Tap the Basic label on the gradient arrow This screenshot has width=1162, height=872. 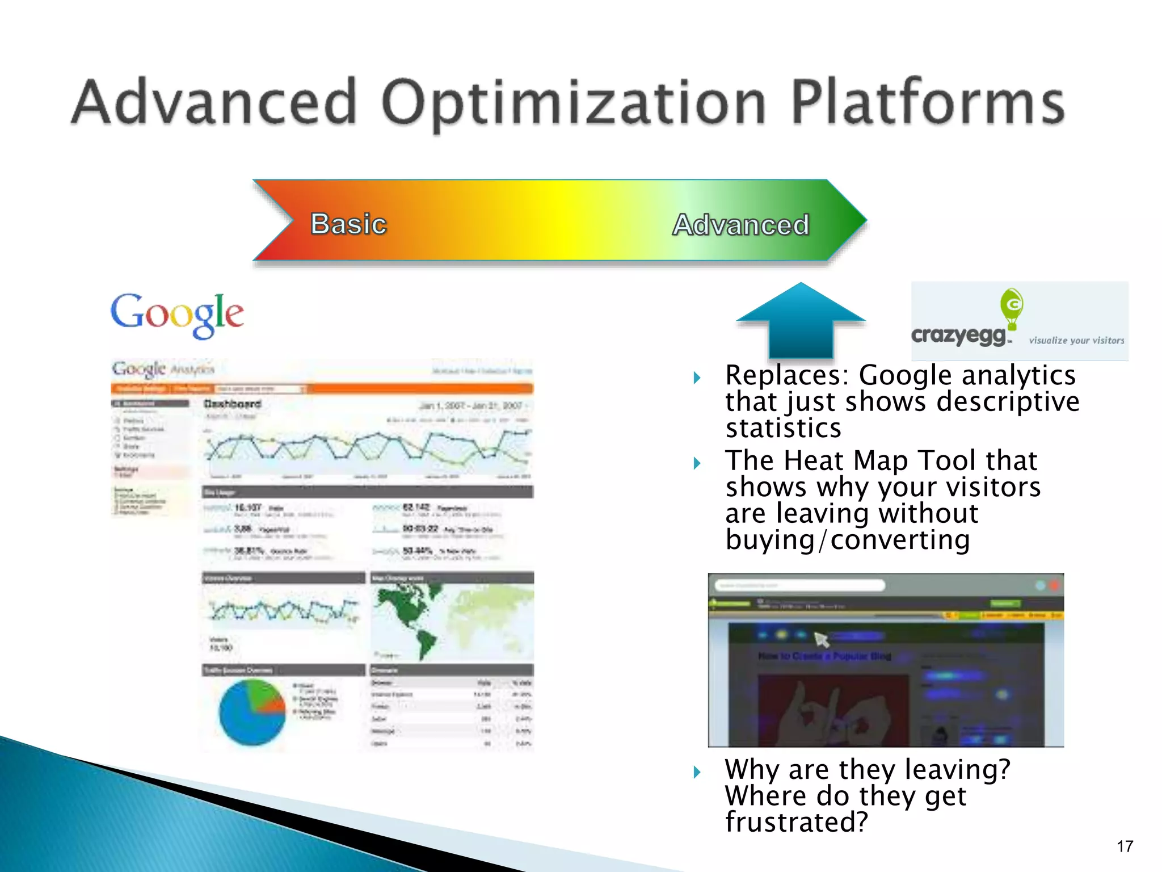click(348, 223)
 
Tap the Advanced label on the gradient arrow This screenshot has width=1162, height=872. click(740, 224)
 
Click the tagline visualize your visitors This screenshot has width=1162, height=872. click(1076, 341)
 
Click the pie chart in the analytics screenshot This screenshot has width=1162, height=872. click(252, 712)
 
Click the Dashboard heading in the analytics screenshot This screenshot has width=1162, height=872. click(233, 404)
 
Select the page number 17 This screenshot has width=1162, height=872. click(1125, 846)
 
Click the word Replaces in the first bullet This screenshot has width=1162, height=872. click(787, 375)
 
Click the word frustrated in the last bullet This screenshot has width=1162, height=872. click(796, 822)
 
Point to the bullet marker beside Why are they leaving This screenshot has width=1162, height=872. click(697, 772)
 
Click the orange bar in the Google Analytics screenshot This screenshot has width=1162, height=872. click(420, 389)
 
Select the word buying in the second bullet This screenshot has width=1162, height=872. click(770, 540)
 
